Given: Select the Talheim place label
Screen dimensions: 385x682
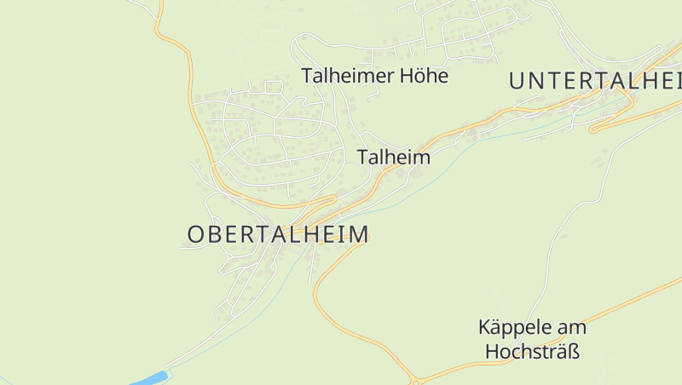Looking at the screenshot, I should [x=394, y=158].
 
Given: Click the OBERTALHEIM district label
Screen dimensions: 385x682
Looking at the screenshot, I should [x=278, y=234].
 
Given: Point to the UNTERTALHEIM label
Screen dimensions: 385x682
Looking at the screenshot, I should [x=596, y=81].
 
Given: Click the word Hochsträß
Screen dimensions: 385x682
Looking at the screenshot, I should [x=533, y=351].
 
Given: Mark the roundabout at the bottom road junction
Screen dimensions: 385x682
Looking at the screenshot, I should [x=415, y=380].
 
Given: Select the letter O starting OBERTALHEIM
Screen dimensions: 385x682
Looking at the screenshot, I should [x=195, y=234].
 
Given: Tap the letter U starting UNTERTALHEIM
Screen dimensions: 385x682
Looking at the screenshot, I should [x=517, y=81].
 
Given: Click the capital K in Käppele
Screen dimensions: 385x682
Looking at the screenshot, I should [x=484, y=328].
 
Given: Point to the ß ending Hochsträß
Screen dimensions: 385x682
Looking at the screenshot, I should [x=574, y=351].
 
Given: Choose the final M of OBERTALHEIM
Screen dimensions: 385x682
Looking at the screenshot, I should [x=360, y=234].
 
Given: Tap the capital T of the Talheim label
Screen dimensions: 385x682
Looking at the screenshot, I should [x=363, y=158].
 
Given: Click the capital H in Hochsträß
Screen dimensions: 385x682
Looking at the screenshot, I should [x=492, y=351].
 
